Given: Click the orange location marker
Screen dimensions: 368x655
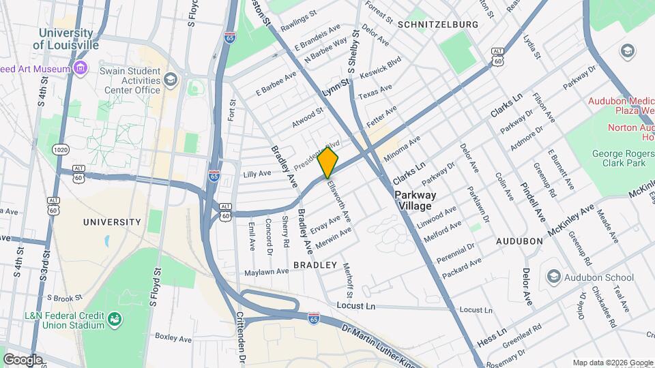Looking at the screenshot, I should pyautogui.click(x=328, y=163).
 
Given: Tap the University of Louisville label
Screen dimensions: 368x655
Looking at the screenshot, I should pyautogui.click(x=65, y=39).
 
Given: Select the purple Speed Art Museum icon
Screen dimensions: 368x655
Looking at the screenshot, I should pyautogui.click(x=81, y=68).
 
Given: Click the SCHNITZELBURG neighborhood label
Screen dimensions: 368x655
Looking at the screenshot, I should pyautogui.click(x=442, y=24).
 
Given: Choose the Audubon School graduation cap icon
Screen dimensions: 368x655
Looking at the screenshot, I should pyautogui.click(x=553, y=277).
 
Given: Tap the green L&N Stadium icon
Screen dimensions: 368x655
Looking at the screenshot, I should pyautogui.click(x=115, y=318).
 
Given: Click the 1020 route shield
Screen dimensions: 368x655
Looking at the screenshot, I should pyautogui.click(x=61, y=149).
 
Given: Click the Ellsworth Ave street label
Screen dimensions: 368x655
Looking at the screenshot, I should pyautogui.click(x=339, y=200).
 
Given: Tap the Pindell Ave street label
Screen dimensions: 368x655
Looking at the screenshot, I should pyautogui.click(x=533, y=202).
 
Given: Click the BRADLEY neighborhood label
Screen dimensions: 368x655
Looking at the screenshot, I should pyautogui.click(x=315, y=264).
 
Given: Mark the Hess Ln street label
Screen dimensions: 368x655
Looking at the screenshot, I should pyautogui.click(x=492, y=335).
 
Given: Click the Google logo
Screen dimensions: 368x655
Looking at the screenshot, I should pyautogui.click(x=23, y=359).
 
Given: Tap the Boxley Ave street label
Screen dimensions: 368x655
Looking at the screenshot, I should pyautogui.click(x=173, y=337).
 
